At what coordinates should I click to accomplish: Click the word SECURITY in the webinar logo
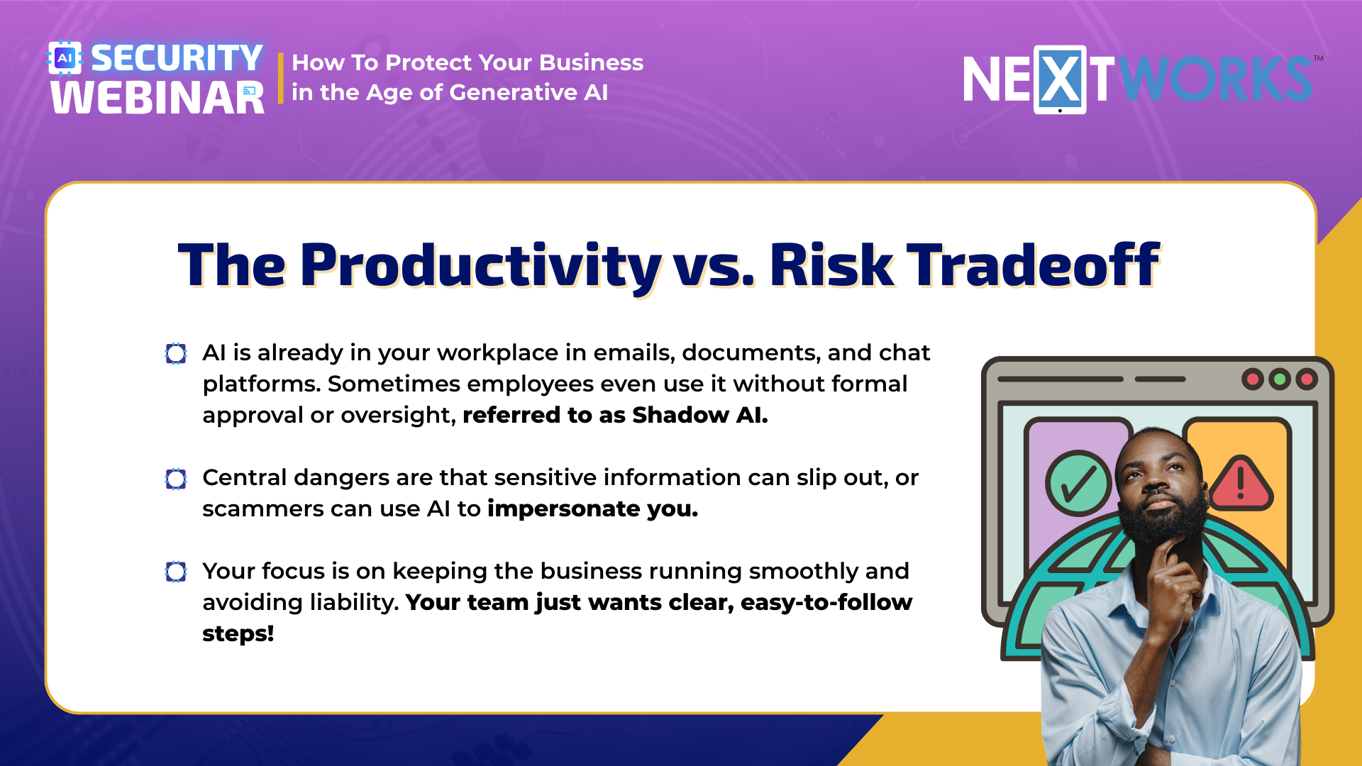(177, 58)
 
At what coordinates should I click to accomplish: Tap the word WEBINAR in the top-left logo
(157, 98)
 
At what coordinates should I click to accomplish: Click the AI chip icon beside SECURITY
(65, 58)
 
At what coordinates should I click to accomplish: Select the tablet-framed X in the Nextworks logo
(1060, 79)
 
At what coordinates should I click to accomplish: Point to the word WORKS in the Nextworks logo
(1216, 79)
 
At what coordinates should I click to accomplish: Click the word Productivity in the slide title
(481, 265)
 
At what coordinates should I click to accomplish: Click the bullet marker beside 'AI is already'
(176, 353)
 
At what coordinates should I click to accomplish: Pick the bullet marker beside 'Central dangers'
(176, 479)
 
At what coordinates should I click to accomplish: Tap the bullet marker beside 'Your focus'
(176, 572)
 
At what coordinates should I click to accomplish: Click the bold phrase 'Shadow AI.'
(700, 415)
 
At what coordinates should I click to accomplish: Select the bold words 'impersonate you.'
(593, 509)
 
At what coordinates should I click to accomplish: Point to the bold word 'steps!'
(238, 633)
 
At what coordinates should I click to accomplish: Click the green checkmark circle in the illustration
(1078, 483)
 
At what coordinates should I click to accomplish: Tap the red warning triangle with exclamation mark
(1241, 484)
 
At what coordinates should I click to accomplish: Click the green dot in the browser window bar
(1280, 379)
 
